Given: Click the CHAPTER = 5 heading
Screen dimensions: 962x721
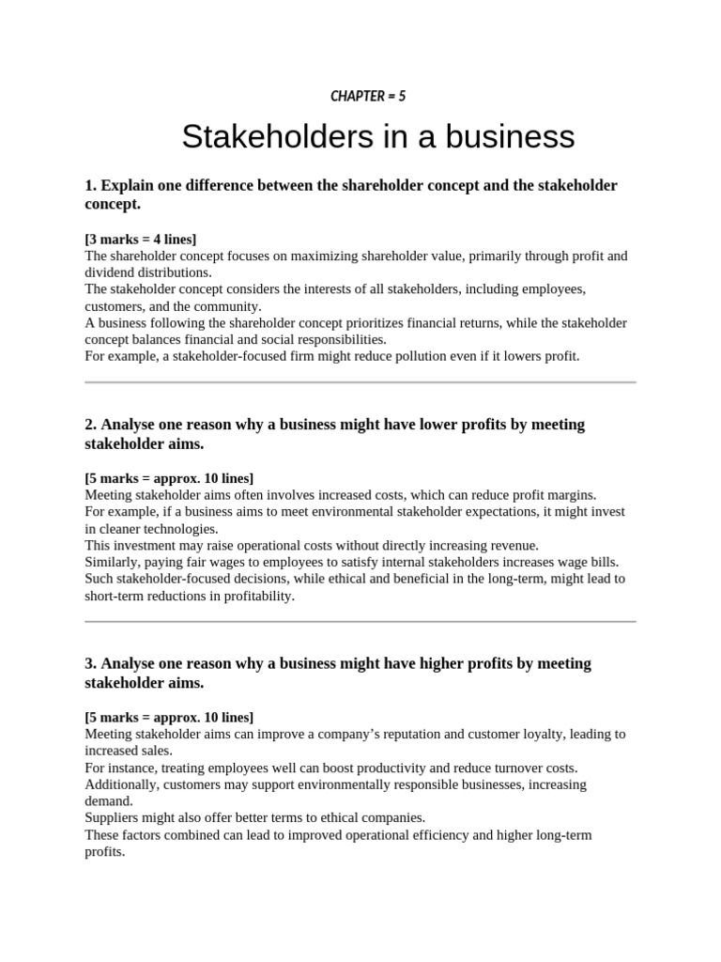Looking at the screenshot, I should (368, 96).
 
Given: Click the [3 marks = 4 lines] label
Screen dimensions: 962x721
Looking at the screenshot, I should (140, 240).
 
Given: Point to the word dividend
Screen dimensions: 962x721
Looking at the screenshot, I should (110, 272).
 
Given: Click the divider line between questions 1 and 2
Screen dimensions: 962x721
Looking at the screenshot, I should (360, 382).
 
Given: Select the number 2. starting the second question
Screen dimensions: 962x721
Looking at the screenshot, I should (91, 425).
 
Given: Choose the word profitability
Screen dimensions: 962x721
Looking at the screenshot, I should (253, 596).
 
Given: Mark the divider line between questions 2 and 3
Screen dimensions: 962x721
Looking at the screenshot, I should (360, 621).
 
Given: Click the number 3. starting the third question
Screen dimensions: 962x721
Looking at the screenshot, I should (91, 663).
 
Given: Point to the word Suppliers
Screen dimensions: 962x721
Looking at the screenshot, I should (114, 817).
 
